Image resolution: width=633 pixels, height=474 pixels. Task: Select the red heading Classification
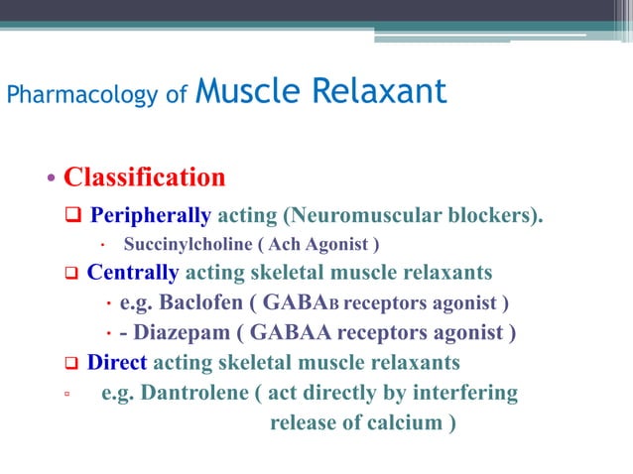(145, 178)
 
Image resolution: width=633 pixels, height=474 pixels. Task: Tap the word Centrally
(133, 272)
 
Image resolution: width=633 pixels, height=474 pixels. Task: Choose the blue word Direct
(117, 362)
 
